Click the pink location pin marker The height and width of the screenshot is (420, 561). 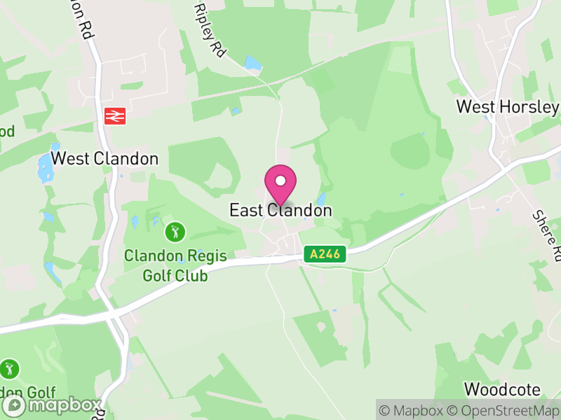click(280, 184)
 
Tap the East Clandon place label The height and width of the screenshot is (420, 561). click(280, 210)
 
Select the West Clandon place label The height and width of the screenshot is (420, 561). click(105, 159)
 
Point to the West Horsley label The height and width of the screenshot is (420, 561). click(508, 107)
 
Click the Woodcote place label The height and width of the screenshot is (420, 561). click(502, 389)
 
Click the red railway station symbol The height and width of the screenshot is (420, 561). click(114, 115)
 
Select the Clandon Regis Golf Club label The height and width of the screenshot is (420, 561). click(175, 265)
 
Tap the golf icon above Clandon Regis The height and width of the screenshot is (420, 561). click(175, 230)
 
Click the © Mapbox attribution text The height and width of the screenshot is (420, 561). click(414, 410)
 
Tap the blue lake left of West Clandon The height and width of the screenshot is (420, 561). click(45, 167)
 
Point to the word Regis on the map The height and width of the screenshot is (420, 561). click(205, 256)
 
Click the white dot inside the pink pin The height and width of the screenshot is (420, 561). click(280, 181)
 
